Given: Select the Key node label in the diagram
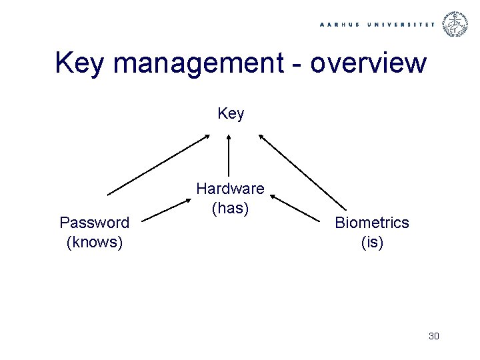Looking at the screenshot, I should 231,114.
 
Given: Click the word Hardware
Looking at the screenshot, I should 230,189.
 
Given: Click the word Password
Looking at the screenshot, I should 95,222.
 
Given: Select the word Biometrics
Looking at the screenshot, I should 372,223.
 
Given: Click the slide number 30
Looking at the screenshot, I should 434,336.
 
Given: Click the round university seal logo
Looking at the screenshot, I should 456,25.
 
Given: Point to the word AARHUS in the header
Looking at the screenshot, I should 341,25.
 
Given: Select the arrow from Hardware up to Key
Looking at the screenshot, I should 229,157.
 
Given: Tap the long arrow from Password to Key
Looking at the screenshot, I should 159,165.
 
